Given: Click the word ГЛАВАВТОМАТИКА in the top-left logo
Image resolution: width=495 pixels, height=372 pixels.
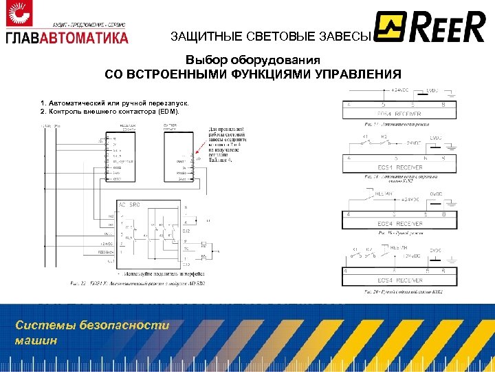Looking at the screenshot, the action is pos(67,37).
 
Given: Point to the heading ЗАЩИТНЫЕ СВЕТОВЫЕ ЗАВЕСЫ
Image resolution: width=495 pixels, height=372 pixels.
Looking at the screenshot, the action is pos(271,37).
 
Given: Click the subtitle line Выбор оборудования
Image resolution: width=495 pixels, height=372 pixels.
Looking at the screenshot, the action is pos(253,60).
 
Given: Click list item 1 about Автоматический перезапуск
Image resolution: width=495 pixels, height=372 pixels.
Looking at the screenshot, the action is pos(114,103).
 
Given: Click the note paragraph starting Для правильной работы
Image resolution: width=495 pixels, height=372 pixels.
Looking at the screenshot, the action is pos(228,144).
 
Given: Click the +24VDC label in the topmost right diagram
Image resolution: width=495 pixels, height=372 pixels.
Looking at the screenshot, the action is pos(402,90).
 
